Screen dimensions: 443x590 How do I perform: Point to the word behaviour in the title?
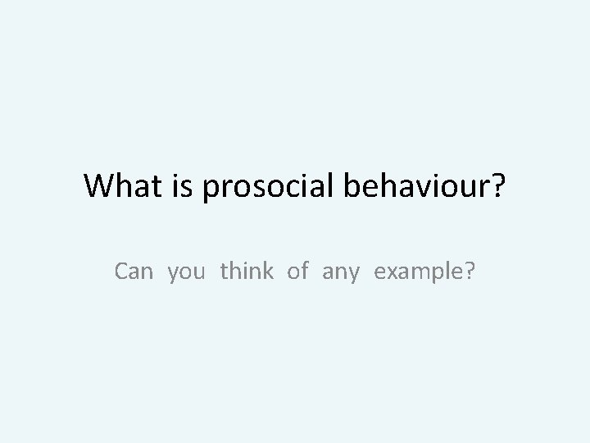(x=411, y=187)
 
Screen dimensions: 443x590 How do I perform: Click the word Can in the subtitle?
(x=134, y=271)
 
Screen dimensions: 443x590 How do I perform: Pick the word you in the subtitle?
(x=188, y=272)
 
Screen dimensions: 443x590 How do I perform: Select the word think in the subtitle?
(x=246, y=271)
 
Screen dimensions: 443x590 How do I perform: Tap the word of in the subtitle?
(x=297, y=271)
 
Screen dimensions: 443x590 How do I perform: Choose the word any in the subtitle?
(x=341, y=272)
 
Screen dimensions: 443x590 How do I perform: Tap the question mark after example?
(x=468, y=271)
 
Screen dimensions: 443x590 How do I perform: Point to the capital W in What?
(x=99, y=187)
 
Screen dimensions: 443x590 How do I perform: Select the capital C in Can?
(x=123, y=271)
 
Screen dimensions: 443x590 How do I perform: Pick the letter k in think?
(x=267, y=271)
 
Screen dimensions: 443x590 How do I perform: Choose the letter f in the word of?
(x=304, y=271)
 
